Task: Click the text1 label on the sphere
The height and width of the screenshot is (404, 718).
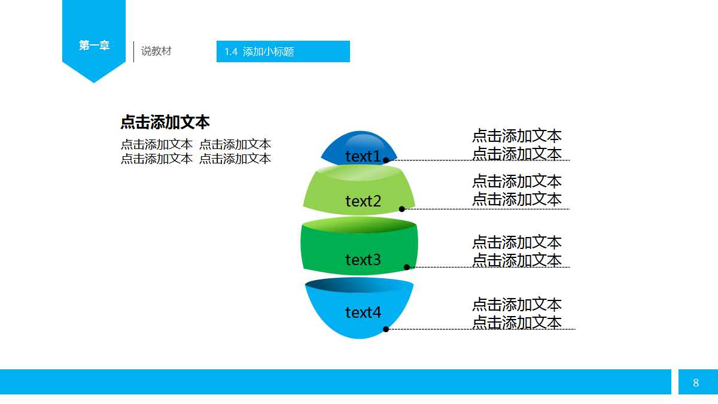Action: (363, 157)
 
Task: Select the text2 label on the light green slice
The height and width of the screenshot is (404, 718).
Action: (363, 202)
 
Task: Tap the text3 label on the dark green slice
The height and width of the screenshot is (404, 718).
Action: (363, 260)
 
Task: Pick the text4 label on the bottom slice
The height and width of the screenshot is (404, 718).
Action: (363, 312)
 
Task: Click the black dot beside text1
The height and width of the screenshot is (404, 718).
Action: (386, 160)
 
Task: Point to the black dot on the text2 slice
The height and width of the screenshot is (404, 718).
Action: (402, 209)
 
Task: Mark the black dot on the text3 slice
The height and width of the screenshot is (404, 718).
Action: (407, 267)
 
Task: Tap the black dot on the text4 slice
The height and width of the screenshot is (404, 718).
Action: (386, 329)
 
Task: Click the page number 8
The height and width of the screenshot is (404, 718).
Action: (696, 382)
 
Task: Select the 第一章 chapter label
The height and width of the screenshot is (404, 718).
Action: (94, 45)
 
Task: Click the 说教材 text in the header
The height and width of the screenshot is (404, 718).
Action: (156, 51)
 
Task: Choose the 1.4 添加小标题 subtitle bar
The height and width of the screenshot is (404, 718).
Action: (283, 51)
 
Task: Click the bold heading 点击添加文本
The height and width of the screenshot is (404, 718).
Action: (165, 122)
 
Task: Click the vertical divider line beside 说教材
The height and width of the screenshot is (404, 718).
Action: (133, 51)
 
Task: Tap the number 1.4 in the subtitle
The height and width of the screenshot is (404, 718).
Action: (231, 52)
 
